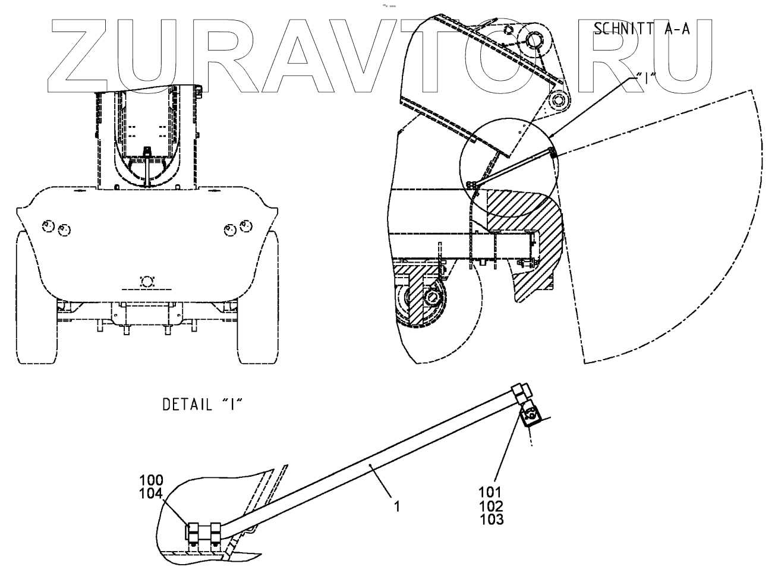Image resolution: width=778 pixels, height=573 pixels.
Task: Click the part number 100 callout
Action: click(151, 480)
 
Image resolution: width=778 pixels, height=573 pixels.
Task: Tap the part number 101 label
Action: click(491, 492)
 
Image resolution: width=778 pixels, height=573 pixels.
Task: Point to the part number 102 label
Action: click(491, 506)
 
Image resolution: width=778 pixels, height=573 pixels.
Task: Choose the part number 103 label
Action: click(491, 519)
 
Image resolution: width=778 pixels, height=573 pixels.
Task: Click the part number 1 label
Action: click(397, 506)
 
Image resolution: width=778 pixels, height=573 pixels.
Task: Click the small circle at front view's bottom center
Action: click(146, 282)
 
